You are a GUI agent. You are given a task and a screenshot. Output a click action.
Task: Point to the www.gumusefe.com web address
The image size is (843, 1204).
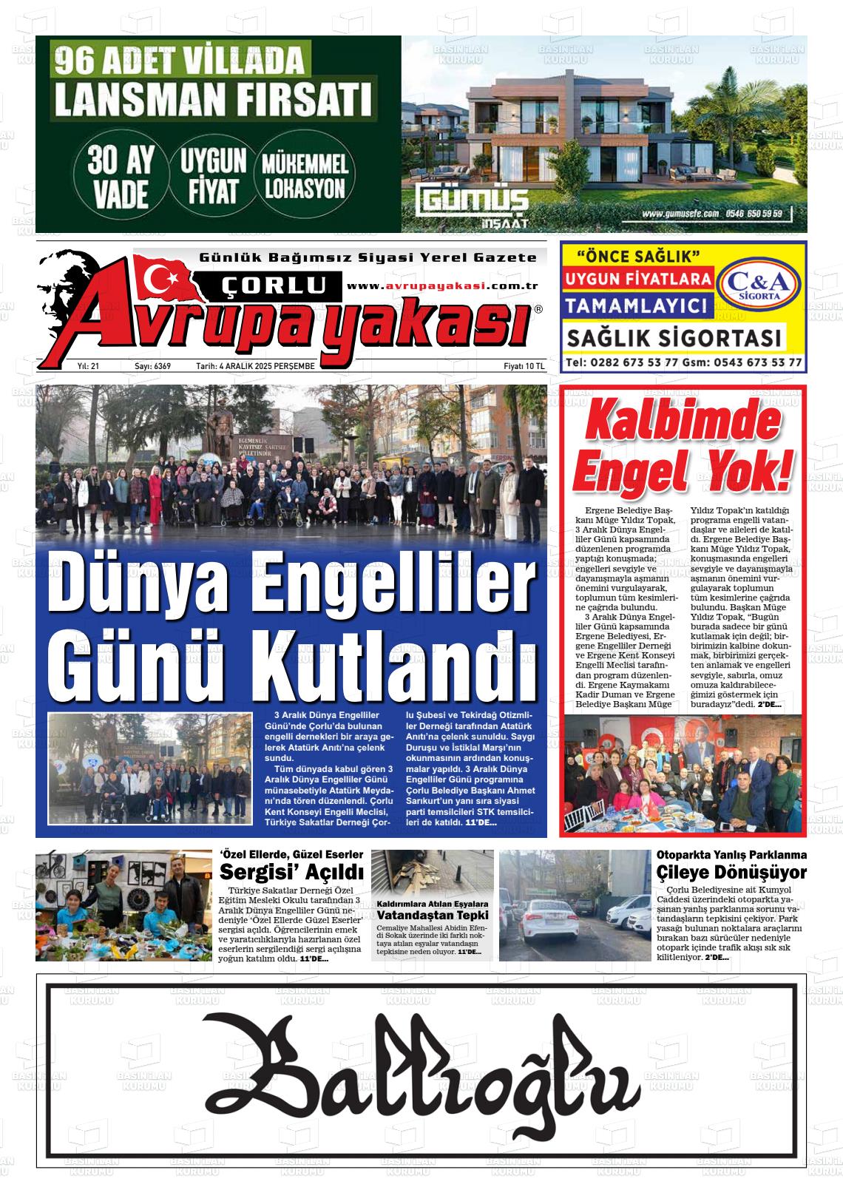click(x=680, y=214)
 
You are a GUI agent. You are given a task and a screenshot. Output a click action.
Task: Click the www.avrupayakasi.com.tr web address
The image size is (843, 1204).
click(x=441, y=286)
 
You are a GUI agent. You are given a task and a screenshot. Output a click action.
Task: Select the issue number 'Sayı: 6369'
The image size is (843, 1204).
click(x=152, y=366)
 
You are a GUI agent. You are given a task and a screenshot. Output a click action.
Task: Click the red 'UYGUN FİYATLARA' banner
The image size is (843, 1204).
click(x=637, y=280)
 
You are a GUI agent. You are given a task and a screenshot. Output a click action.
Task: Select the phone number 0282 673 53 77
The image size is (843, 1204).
click(x=633, y=363)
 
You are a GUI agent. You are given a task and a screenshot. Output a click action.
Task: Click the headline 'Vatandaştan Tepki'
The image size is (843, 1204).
click(x=433, y=915)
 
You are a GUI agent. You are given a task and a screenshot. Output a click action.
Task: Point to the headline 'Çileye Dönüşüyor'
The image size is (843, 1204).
click(x=731, y=872)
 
